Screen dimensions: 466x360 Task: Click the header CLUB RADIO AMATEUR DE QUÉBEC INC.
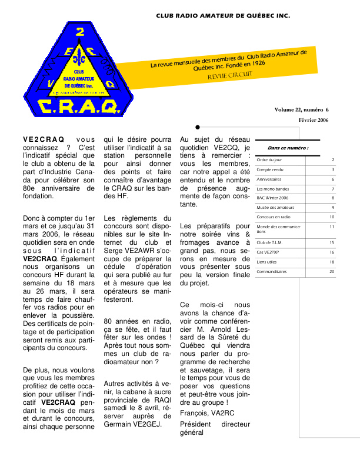coord(223,15)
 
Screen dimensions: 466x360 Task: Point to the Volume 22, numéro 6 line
coord(301,110)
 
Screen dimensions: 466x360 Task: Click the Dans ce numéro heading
coord(288,148)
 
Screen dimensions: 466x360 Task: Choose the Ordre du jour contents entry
coord(269,159)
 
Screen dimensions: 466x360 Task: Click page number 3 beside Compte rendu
coord(333,169)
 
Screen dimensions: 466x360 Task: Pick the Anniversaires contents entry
coord(269,179)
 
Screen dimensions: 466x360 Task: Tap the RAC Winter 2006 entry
coord(272,198)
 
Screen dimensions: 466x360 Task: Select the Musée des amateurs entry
coord(275,207)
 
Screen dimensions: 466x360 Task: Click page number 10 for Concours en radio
coord(332,217)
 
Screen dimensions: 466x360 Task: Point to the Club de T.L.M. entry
coord(270,242)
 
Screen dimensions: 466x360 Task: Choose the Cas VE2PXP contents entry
coord(268,252)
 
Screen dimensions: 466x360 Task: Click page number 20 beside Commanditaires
coord(332,271)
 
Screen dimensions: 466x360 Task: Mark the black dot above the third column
coord(198,127)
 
